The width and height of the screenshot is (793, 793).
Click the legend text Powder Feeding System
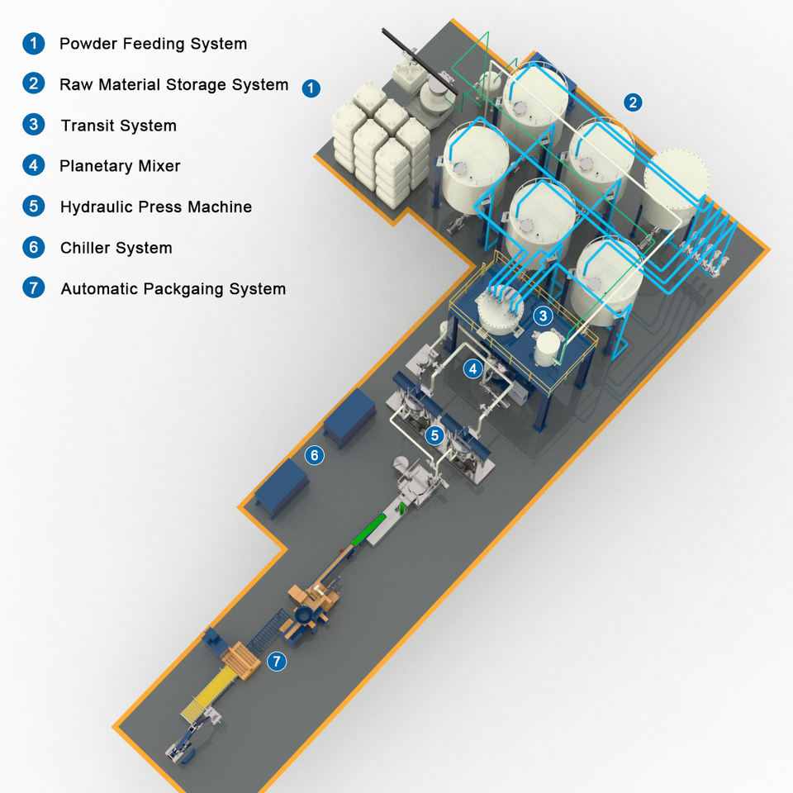coord(153,44)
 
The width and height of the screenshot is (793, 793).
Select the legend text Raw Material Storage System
coord(173,84)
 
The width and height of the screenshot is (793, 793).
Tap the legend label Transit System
coord(118,126)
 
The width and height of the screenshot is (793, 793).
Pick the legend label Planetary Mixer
coord(120,166)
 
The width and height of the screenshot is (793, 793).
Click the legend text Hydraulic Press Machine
coord(155,207)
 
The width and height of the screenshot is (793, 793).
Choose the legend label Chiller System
coord(116,248)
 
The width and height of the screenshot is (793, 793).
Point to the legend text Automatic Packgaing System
coord(173,289)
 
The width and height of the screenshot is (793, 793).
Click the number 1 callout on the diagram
coord(311,88)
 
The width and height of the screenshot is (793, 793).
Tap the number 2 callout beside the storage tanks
coord(633,103)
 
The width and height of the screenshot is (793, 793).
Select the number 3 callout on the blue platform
coord(542,315)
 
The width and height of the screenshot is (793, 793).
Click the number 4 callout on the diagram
coord(472,368)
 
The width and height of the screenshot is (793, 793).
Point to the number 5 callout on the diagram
coord(435,434)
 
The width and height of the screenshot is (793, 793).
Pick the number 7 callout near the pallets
coord(277,661)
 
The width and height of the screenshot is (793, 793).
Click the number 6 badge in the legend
coord(33,247)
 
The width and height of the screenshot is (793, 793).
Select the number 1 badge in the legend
coord(33,44)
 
